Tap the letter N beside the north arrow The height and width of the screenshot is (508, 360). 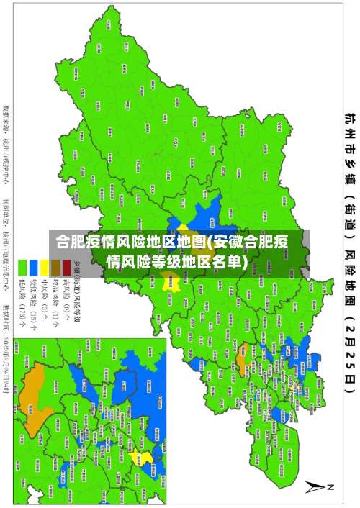(331, 487)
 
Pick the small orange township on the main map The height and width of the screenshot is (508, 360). (242, 354)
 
